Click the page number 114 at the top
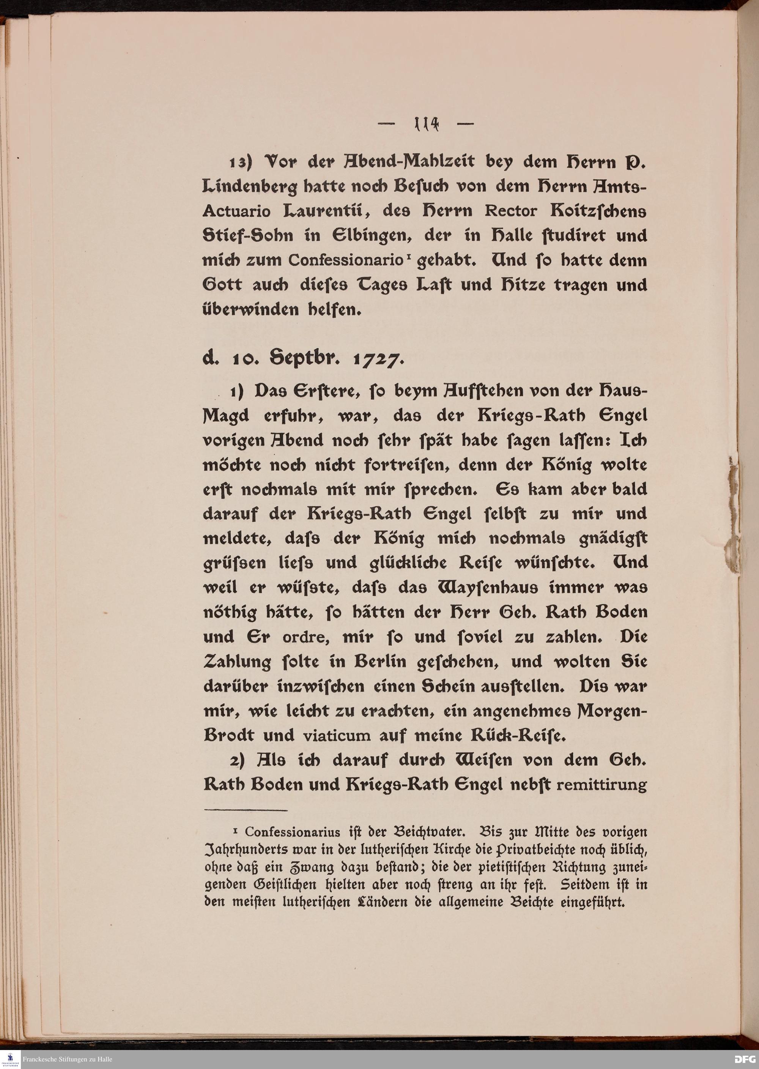tap(425, 125)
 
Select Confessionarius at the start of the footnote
tap(292, 832)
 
